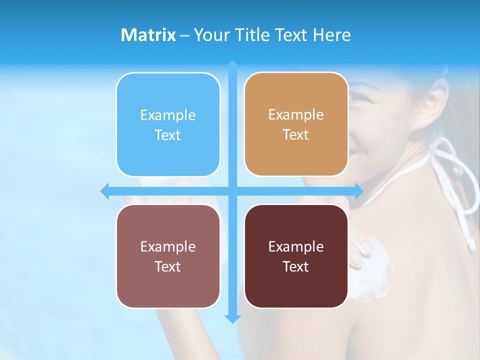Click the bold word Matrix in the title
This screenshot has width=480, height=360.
(x=148, y=35)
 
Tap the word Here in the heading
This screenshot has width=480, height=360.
(x=331, y=35)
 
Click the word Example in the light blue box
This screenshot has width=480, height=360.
(x=168, y=115)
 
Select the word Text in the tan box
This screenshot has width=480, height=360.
(x=296, y=135)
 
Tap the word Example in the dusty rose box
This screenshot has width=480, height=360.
(x=168, y=246)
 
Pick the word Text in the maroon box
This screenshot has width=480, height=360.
(x=296, y=266)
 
